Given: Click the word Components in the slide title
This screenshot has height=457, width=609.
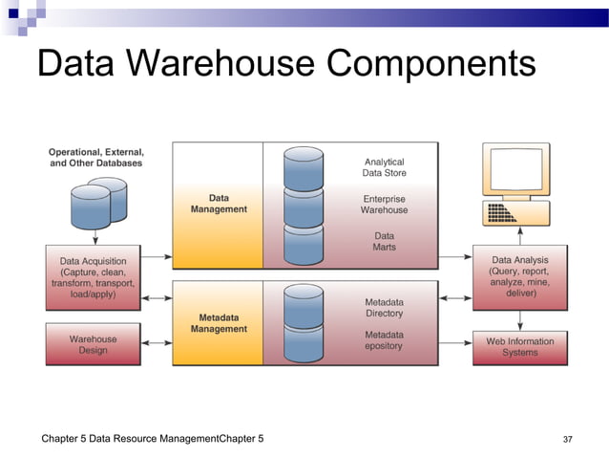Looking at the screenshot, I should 430,64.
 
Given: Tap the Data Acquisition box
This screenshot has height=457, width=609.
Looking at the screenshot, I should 93,277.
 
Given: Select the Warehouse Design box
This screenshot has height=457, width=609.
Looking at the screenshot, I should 93,344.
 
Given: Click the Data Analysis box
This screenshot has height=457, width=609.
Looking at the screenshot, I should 519,276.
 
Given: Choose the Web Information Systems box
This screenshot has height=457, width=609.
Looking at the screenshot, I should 519,346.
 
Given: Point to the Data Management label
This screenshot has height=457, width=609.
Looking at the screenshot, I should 219,204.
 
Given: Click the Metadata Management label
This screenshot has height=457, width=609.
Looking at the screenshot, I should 219,323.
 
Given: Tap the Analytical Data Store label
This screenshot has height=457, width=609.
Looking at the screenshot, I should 384,167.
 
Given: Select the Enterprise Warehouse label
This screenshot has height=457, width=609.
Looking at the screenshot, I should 384,205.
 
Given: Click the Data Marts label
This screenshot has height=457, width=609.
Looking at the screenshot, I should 384,241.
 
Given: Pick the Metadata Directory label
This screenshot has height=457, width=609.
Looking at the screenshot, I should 384,308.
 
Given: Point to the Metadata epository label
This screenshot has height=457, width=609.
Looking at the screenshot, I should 384,340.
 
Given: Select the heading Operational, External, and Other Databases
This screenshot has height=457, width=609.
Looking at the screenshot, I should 96,158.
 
